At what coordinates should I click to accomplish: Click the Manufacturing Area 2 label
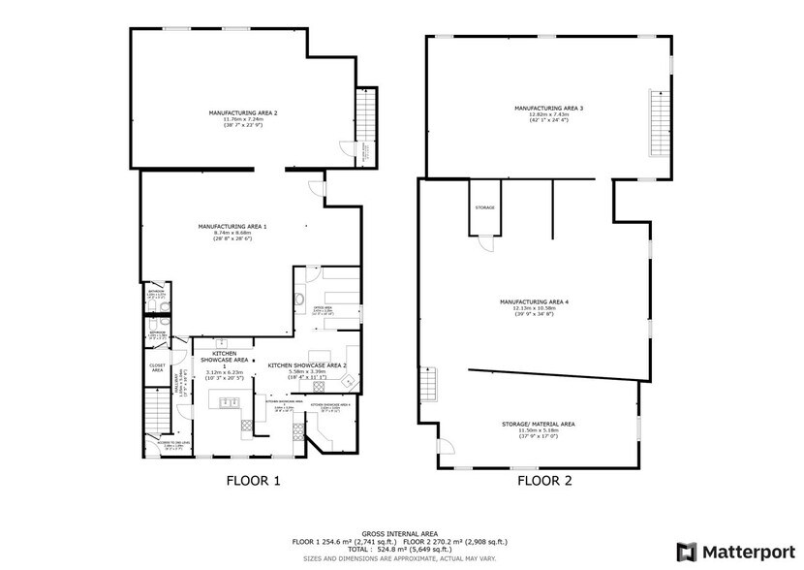pos(243,113)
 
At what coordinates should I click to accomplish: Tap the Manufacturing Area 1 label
pos(239,227)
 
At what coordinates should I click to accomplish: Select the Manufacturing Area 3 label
pos(548,108)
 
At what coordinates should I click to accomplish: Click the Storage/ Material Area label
pos(540,424)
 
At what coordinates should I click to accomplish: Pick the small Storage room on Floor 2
pos(485,208)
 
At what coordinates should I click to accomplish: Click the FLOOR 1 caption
pos(253,480)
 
